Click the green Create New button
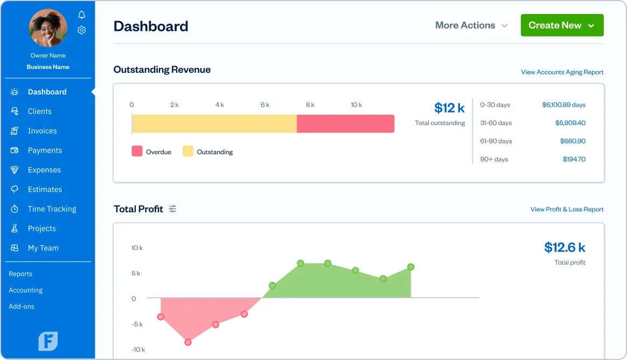pyautogui.click(x=562, y=25)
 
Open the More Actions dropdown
pyautogui.click(x=471, y=25)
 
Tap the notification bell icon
pyautogui.click(x=81, y=15)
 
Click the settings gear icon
pyautogui.click(x=81, y=30)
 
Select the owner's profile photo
pyautogui.click(x=48, y=28)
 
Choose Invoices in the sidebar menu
pyautogui.click(x=42, y=131)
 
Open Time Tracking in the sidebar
pyautogui.click(x=52, y=209)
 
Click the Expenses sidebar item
pyautogui.click(x=44, y=170)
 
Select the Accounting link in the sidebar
pyautogui.click(x=25, y=290)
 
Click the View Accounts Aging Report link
pyautogui.click(x=562, y=72)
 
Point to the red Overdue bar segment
pyautogui.click(x=345, y=123)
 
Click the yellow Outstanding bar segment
pyautogui.click(x=214, y=123)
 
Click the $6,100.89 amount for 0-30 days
pyautogui.click(x=563, y=105)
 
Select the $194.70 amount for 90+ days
pyautogui.click(x=574, y=159)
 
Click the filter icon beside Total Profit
pyautogui.click(x=172, y=209)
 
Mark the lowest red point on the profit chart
pyautogui.click(x=188, y=342)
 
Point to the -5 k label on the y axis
pyautogui.click(x=137, y=324)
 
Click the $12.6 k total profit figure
pyautogui.click(x=565, y=247)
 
